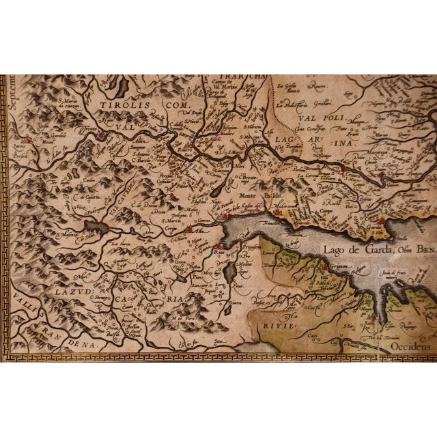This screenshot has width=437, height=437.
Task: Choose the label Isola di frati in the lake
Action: point(401,274)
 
